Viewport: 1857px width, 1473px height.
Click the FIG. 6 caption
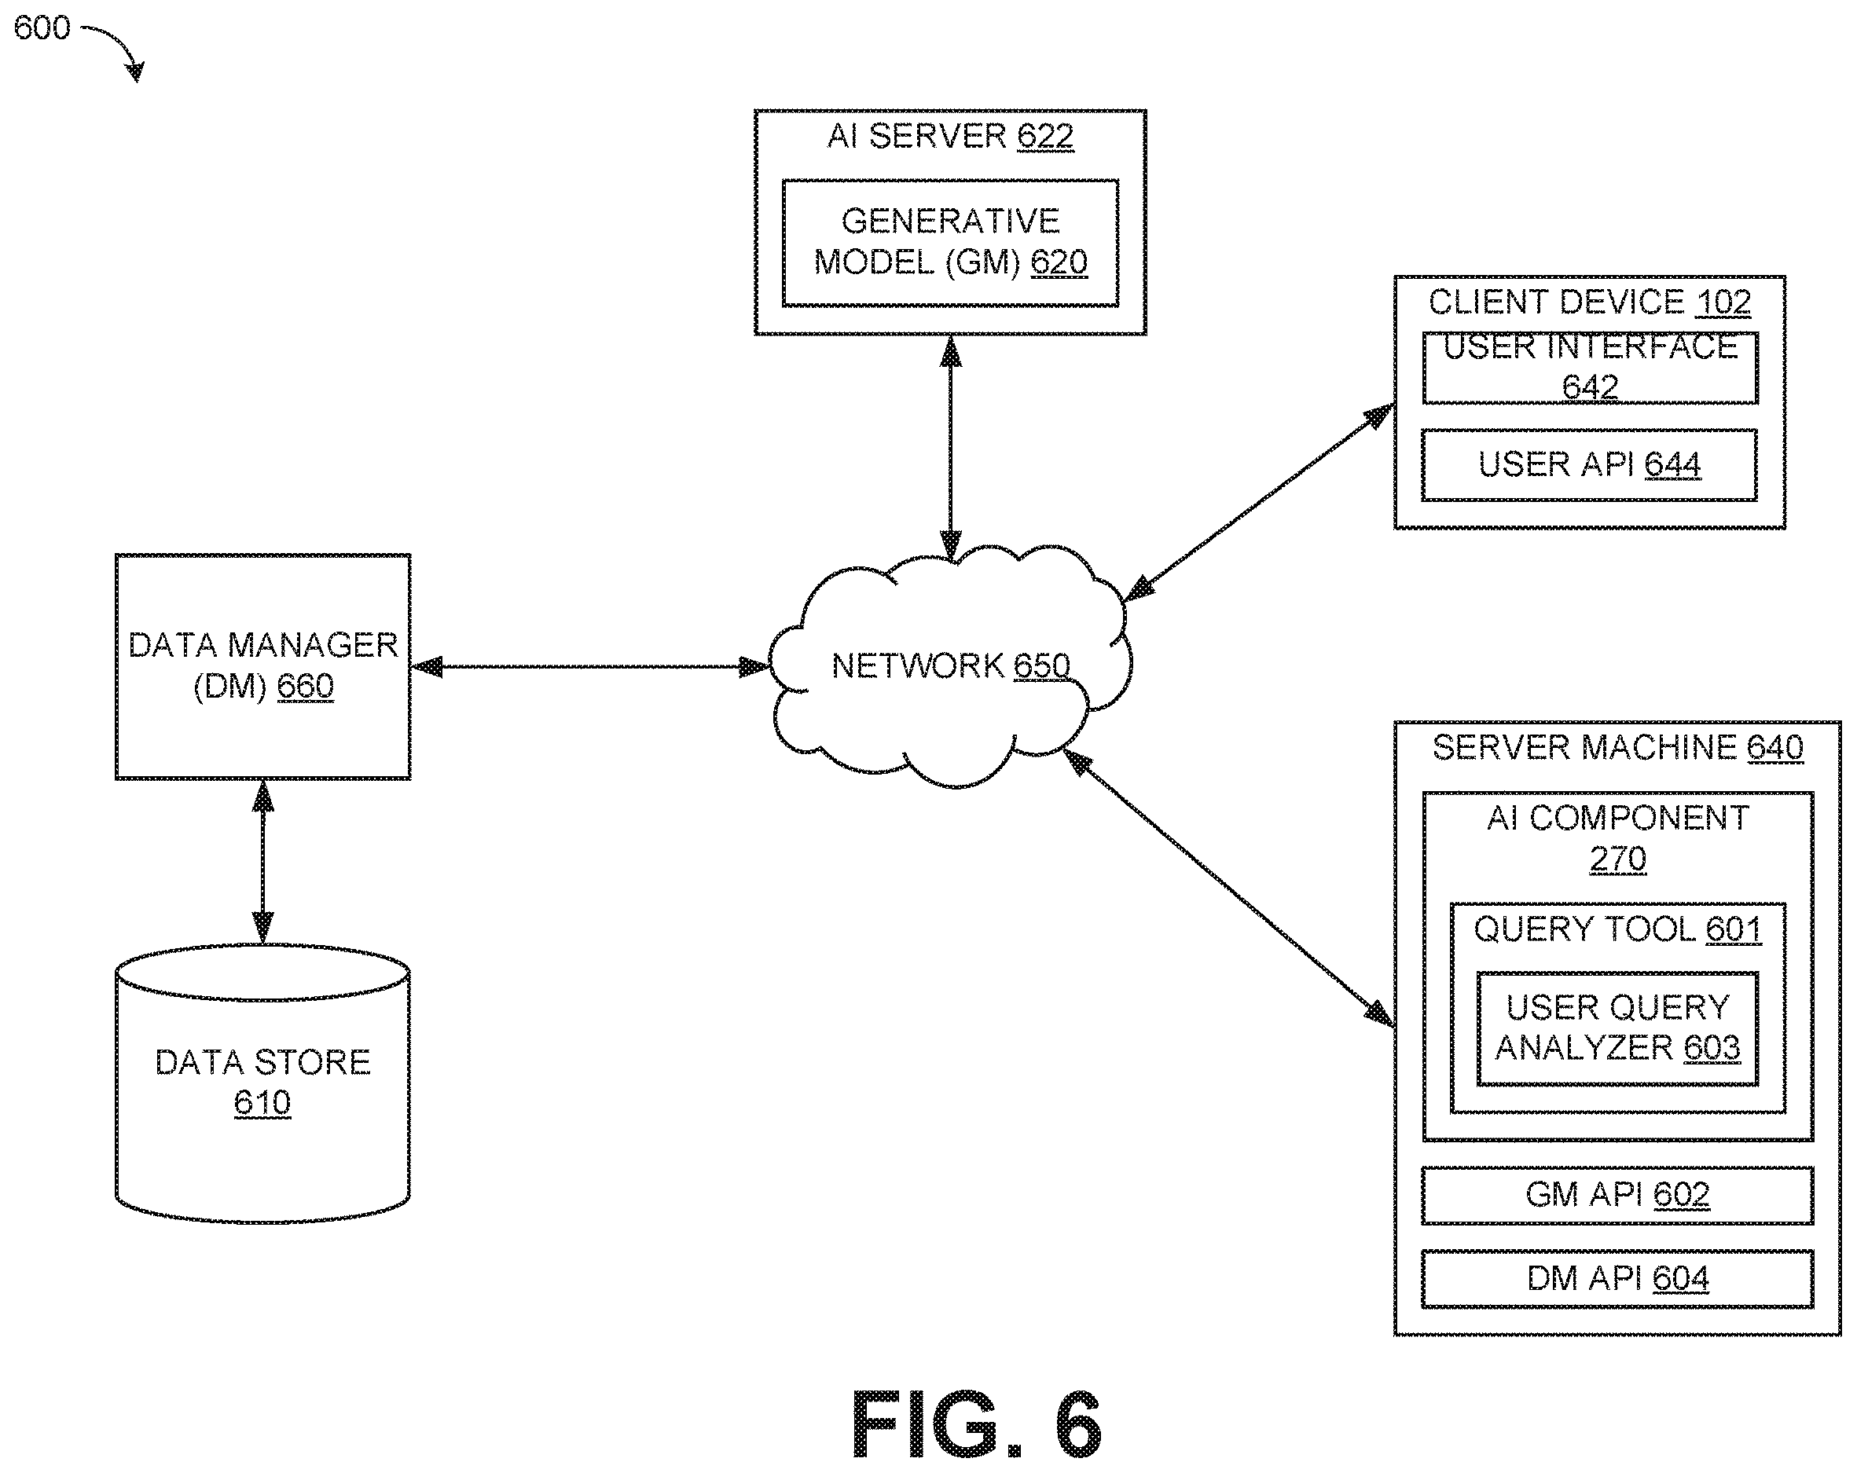coord(976,1425)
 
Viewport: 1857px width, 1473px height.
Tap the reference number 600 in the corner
coord(42,27)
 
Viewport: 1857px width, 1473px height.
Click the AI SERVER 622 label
coord(950,136)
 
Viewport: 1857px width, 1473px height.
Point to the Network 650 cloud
coord(950,665)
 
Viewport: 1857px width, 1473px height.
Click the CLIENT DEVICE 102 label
coord(1589,302)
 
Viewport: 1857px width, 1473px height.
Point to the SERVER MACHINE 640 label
coord(1617,747)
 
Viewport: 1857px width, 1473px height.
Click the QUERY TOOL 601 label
coord(1617,929)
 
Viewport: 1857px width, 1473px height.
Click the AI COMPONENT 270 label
coord(1617,837)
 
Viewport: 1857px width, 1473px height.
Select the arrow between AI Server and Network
coord(951,449)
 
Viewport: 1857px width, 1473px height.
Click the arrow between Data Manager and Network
coord(591,666)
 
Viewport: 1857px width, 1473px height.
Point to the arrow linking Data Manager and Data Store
coord(262,862)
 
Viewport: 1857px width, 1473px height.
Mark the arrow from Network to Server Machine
coord(1229,888)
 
